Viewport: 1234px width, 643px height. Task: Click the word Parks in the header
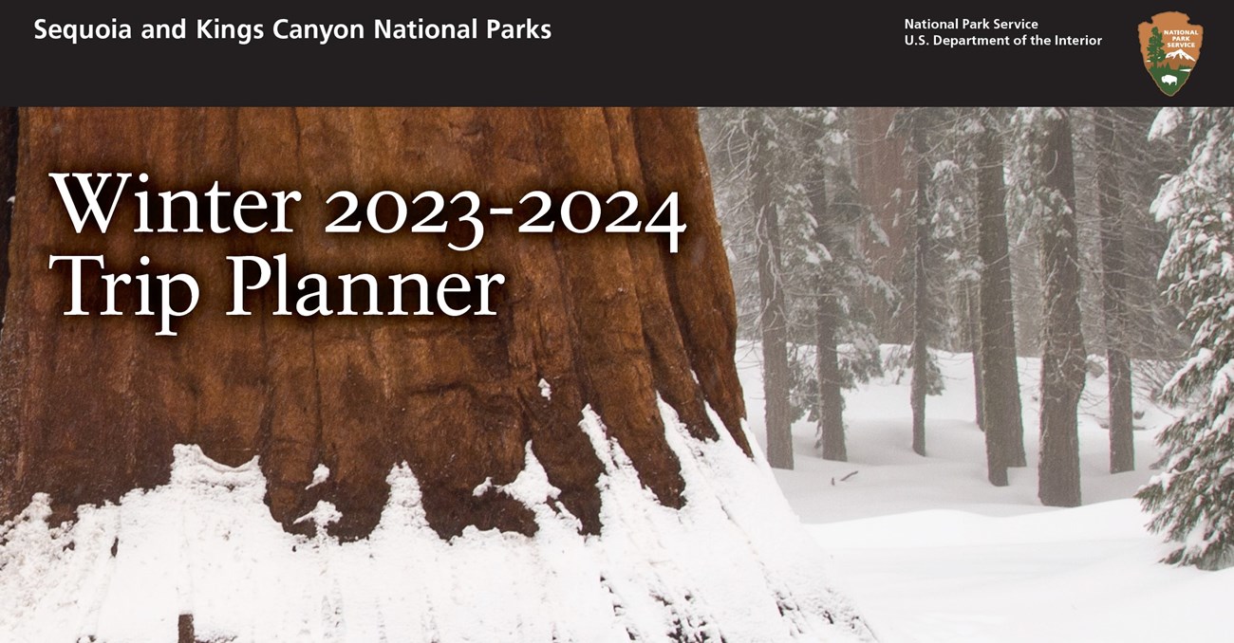click(x=518, y=29)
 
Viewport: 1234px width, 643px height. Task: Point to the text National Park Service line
click(x=971, y=25)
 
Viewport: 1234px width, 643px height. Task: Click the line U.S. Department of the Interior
click(x=1003, y=41)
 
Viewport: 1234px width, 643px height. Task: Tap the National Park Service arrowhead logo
click(x=1170, y=53)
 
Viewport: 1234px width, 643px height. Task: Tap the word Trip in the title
click(x=124, y=292)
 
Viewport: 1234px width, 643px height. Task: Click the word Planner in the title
click(x=365, y=289)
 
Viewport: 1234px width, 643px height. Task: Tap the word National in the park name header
click(x=426, y=29)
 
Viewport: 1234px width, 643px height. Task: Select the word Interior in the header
click(x=1078, y=41)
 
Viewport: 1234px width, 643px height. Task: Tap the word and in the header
click(x=163, y=29)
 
